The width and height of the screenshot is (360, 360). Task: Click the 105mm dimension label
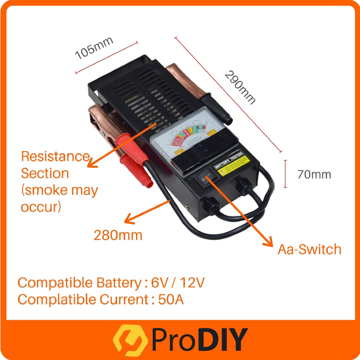(x=94, y=48)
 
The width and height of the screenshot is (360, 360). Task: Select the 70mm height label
(x=314, y=174)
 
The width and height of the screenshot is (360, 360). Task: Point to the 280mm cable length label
(x=118, y=235)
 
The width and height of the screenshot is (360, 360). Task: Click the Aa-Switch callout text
(x=309, y=249)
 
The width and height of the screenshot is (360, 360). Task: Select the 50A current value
(x=171, y=300)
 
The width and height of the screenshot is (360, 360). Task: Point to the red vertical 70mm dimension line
(x=285, y=174)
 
